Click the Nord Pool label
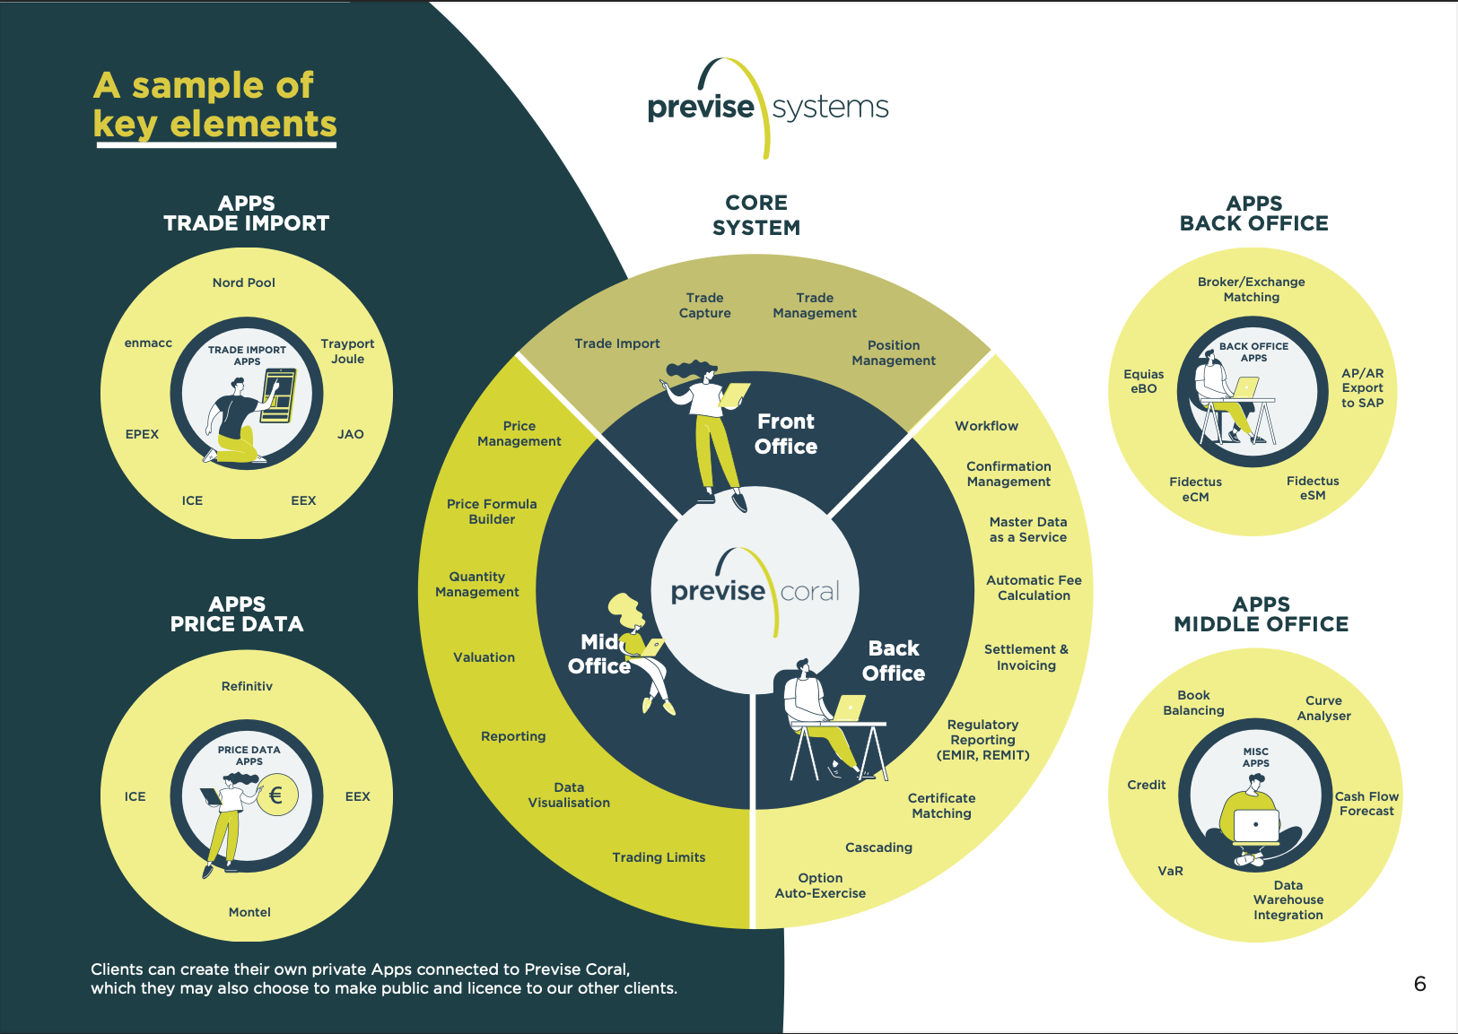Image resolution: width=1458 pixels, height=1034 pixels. pyautogui.click(x=244, y=282)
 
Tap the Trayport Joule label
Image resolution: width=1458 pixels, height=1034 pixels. pyautogui.click(x=347, y=352)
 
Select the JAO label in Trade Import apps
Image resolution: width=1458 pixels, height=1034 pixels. pyautogui.click(x=351, y=434)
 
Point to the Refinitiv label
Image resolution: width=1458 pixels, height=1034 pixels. pyautogui.click(x=247, y=686)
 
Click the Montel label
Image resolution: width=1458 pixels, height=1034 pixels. pyautogui.click(x=249, y=912)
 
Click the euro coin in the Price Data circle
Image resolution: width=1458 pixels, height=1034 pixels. pyautogui.click(x=276, y=795)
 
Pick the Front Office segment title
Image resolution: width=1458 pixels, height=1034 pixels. pyautogui.click(x=786, y=434)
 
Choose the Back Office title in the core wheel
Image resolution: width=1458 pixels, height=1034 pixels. pyautogui.click(x=894, y=661)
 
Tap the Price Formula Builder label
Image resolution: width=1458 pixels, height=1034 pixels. pyautogui.click(x=492, y=511)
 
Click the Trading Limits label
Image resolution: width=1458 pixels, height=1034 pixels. pyautogui.click(x=659, y=857)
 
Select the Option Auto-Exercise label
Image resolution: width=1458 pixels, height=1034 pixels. pyautogui.click(x=820, y=885)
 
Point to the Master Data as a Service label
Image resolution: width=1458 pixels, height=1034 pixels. pyautogui.click(x=1028, y=529)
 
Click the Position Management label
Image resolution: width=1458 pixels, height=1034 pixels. pyautogui.click(x=894, y=352)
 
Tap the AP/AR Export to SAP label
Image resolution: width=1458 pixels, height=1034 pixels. pyautogui.click(x=1362, y=387)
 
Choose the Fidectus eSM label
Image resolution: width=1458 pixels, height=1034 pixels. pyautogui.click(x=1313, y=488)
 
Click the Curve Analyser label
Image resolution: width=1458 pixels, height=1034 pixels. pyautogui.click(x=1323, y=708)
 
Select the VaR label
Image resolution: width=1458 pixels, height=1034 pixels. pyautogui.click(x=1170, y=871)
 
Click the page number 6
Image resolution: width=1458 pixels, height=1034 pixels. pyautogui.click(x=1419, y=984)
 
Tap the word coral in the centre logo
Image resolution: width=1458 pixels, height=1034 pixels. pyautogui.click(x=810, y=592)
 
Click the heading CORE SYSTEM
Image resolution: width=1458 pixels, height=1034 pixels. pyautogui.click(x=756, y=215)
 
